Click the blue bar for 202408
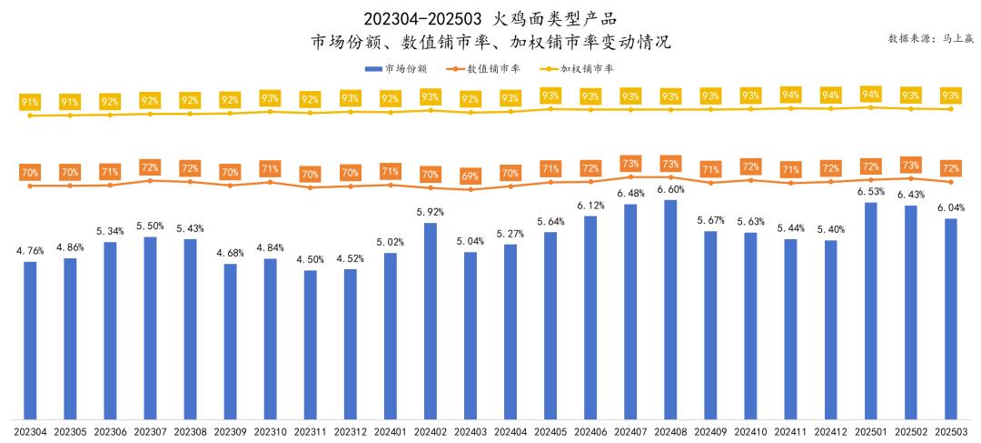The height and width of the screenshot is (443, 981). pyautogui.click(x=670, y=309)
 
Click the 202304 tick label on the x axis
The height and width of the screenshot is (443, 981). pyautogui.click(x=30, y=431)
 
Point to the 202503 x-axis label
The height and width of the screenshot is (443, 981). pyautogui.click(x=951, y=431)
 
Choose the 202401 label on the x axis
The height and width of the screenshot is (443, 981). pyautogui.click(x=391, y=431)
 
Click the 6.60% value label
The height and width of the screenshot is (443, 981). pyautogui.click(x=670, y=189)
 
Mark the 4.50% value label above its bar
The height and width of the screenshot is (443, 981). pyautogui.click(x=311, y=260)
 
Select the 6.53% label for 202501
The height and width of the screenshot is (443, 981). pyautogui.click(x=871, y=192)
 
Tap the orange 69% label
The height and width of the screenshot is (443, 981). pyautogui.click(x=471, y=176)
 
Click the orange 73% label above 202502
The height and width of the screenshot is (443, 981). pyautogui.click(x=911, y=165)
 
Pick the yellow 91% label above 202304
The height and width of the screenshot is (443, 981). pyautogui.click(x=30, y=102)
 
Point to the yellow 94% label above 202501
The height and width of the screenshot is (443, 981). pyautogui.click(x=871, y=94)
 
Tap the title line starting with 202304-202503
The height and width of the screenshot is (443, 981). pyautogui.click(x=490, y=18)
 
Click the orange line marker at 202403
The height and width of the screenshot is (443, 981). pyautogui.click(x=471, y=189)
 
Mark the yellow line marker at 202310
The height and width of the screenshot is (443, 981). pyautogui.click(x=271, y=111)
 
